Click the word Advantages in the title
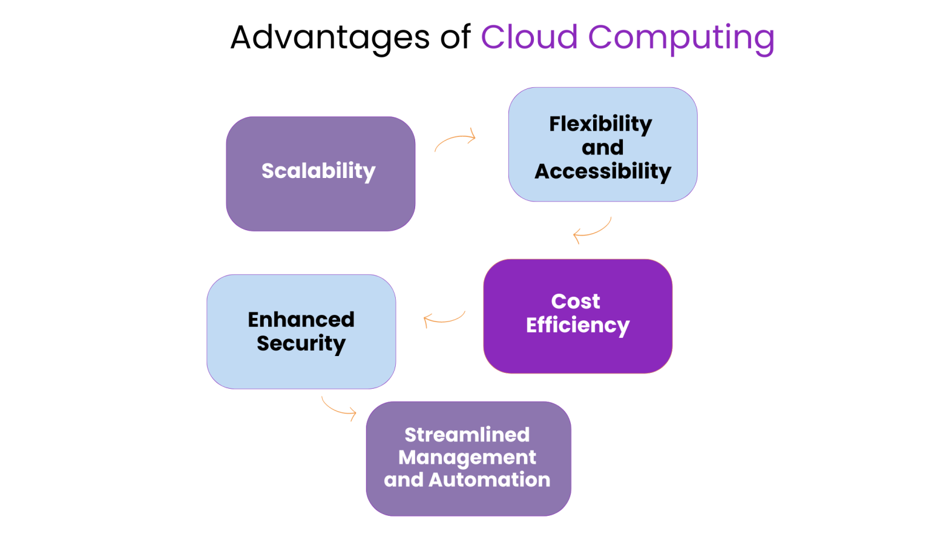click(330, 38)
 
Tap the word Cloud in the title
click(529, 38)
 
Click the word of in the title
click(455, 38)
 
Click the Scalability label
click(318, 171)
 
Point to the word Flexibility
click(600, 124)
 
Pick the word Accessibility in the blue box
click(603, 172)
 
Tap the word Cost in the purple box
click(576, 302)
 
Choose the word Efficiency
click(577, 326)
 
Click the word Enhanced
click(301, 320)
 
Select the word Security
click(301, 344)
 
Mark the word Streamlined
click(467, 435)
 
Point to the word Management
click(467, 458)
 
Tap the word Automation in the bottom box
click(489, 480)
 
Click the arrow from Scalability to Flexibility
click(455, 140)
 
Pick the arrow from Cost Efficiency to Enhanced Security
click(444, 319)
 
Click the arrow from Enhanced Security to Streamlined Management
click(338, 407)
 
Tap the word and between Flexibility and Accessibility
click(602, 148)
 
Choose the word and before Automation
click(404, 480)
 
